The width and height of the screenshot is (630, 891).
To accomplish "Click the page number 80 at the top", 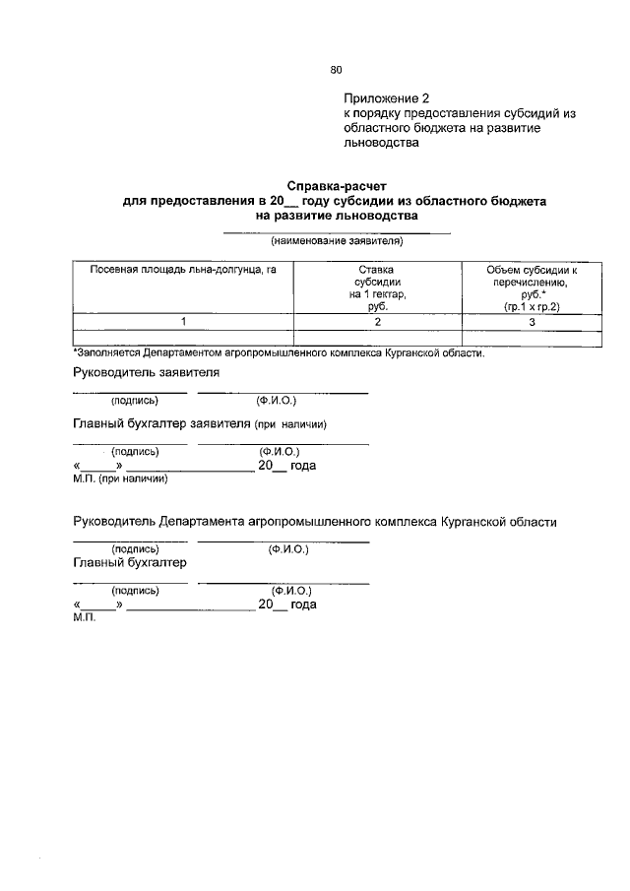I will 336,70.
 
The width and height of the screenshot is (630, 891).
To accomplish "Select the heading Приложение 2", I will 387,98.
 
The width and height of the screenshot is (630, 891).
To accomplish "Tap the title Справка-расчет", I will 338,185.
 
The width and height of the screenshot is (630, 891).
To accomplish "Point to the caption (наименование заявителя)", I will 338,241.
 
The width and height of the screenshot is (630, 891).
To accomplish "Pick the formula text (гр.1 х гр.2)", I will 532,307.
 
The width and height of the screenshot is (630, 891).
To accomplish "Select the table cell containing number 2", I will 376,322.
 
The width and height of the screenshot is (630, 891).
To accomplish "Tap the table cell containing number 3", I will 532,322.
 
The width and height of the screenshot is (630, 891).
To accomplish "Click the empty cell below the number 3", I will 532,339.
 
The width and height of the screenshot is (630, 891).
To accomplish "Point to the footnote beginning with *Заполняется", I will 279,353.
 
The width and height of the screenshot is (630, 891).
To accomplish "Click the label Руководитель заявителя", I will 146,373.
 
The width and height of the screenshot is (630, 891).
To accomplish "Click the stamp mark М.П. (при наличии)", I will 120,479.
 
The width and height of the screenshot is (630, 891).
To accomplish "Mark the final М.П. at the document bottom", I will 85,620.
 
